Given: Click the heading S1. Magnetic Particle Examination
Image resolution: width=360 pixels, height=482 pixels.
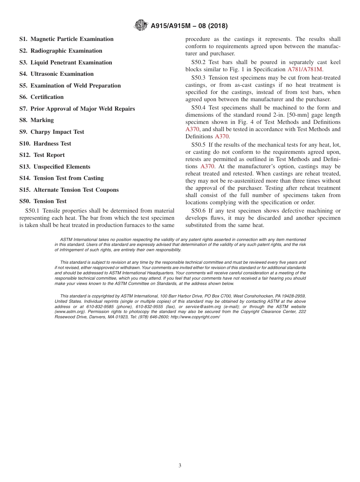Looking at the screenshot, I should coord(66,39).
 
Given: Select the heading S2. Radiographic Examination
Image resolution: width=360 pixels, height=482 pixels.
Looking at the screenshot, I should coord(61,51).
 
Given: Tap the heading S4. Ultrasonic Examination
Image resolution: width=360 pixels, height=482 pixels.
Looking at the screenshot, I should coord(56,74).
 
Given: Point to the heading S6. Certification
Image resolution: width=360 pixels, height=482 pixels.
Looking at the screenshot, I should coord(41,97).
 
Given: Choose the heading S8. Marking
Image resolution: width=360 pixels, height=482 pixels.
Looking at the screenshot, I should coord(36,120).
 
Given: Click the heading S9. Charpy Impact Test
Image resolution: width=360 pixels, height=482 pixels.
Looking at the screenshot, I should coord(52,132).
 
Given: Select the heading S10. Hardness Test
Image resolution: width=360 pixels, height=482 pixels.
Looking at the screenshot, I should coord(45,144).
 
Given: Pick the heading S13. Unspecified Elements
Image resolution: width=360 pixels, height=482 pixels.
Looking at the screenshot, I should coord(55,167).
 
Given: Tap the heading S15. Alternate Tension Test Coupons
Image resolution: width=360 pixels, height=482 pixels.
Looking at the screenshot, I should coord(69,190).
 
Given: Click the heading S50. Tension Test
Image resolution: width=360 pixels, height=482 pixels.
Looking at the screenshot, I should coord(43,201).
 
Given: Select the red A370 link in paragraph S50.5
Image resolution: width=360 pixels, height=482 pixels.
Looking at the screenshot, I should coord(207,166).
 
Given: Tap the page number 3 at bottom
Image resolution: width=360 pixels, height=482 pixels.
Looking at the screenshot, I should coord(180,466).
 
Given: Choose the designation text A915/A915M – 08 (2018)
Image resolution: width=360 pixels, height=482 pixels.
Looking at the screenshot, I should coord(189,26).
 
